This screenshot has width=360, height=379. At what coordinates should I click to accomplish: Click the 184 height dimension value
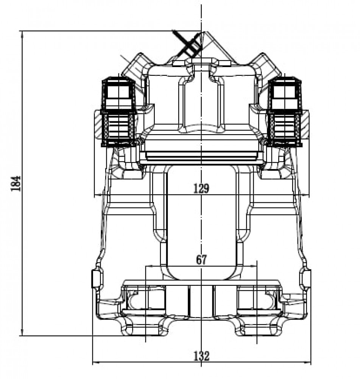16,183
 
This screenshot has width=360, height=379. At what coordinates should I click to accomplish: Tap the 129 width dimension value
201,188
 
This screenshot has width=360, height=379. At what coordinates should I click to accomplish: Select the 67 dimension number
201,260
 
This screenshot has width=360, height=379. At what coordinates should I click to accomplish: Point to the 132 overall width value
201,356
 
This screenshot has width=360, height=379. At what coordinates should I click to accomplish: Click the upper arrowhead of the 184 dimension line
22,35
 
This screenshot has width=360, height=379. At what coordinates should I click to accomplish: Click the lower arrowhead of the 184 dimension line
22,332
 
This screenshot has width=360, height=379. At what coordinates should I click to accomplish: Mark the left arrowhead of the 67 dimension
150,266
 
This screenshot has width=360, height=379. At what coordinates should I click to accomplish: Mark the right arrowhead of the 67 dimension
252,266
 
